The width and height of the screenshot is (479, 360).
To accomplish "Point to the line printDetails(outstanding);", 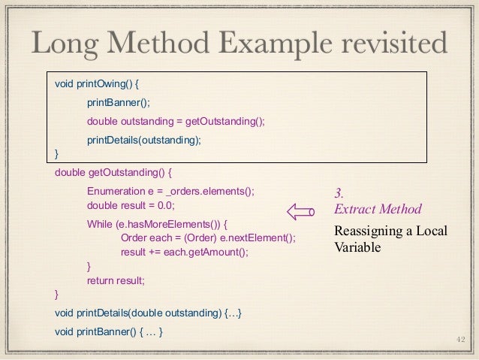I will click(144, 140).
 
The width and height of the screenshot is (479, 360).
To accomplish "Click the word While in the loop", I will click(101, 224).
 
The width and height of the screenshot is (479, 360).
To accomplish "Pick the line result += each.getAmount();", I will click(184, 252).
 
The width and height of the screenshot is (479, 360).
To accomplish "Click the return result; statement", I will click(115, 280).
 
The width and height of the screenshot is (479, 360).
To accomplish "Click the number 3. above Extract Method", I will click(339, 194).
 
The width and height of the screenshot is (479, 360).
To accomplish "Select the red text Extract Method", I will click(378, 209).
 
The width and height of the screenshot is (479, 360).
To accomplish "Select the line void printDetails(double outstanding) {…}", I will click(149, 313).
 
